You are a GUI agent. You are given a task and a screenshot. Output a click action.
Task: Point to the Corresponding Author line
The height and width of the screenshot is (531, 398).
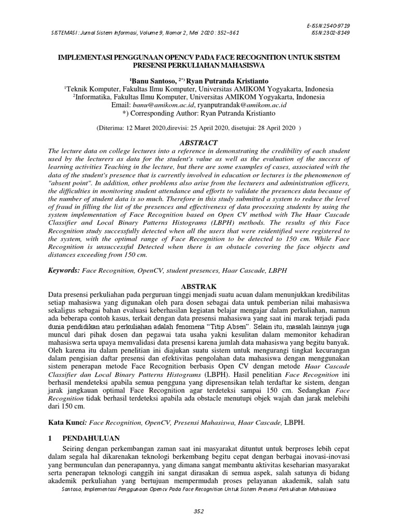[x=199, y=113]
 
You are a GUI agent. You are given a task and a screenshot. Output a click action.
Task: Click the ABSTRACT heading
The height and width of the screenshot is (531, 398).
[x=198, y=143]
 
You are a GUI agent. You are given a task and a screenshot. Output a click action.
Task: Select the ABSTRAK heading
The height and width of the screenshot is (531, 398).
[x=198, y=286]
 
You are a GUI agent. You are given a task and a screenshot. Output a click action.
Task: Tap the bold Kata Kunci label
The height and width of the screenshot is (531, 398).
[x=65, y=423]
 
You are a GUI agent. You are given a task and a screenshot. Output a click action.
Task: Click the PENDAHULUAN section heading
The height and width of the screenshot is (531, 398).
[x=91, y=438]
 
